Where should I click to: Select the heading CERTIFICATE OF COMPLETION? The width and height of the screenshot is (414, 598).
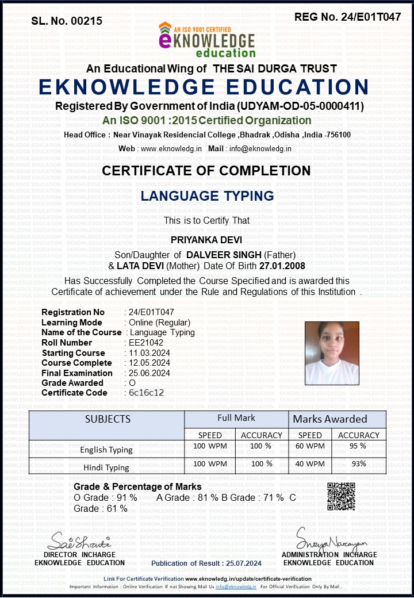206,171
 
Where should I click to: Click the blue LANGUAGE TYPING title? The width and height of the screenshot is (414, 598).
207,195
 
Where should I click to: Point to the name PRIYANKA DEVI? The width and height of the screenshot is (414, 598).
206,239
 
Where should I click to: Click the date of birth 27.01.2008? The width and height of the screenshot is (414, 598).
282,266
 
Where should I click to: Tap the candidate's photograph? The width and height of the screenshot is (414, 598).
331,353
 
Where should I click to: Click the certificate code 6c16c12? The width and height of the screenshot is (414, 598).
147,393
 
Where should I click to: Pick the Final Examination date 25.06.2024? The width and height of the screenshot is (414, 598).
149,373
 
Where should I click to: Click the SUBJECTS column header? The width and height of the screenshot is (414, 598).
108,419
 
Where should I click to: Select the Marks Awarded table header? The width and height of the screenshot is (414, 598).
330,419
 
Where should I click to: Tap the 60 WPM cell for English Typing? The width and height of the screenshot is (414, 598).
310,446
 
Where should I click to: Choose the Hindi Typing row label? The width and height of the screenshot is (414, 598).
106,467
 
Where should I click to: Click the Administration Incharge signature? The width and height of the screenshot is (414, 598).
331,538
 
